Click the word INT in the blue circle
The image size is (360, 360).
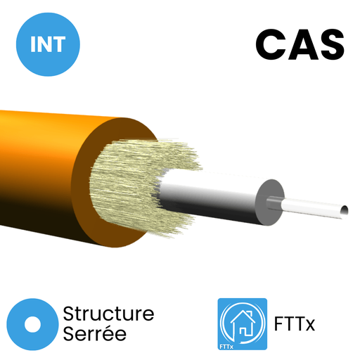click(48, 44)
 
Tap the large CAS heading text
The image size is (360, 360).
click(300, 44)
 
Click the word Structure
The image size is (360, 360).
click(108, 314)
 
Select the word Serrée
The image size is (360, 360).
click(95, 334)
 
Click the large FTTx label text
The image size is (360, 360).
click(295, 324)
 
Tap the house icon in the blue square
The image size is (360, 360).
click(243, 323)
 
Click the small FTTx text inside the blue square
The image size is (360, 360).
click(226, 347)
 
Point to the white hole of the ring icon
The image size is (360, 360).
click(32, 324)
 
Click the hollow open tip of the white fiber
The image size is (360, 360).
click(345, 210)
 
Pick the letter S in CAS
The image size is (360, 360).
click(331, 44)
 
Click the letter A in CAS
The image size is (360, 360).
click(301, 44)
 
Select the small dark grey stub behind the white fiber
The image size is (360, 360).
click(274, 203)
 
